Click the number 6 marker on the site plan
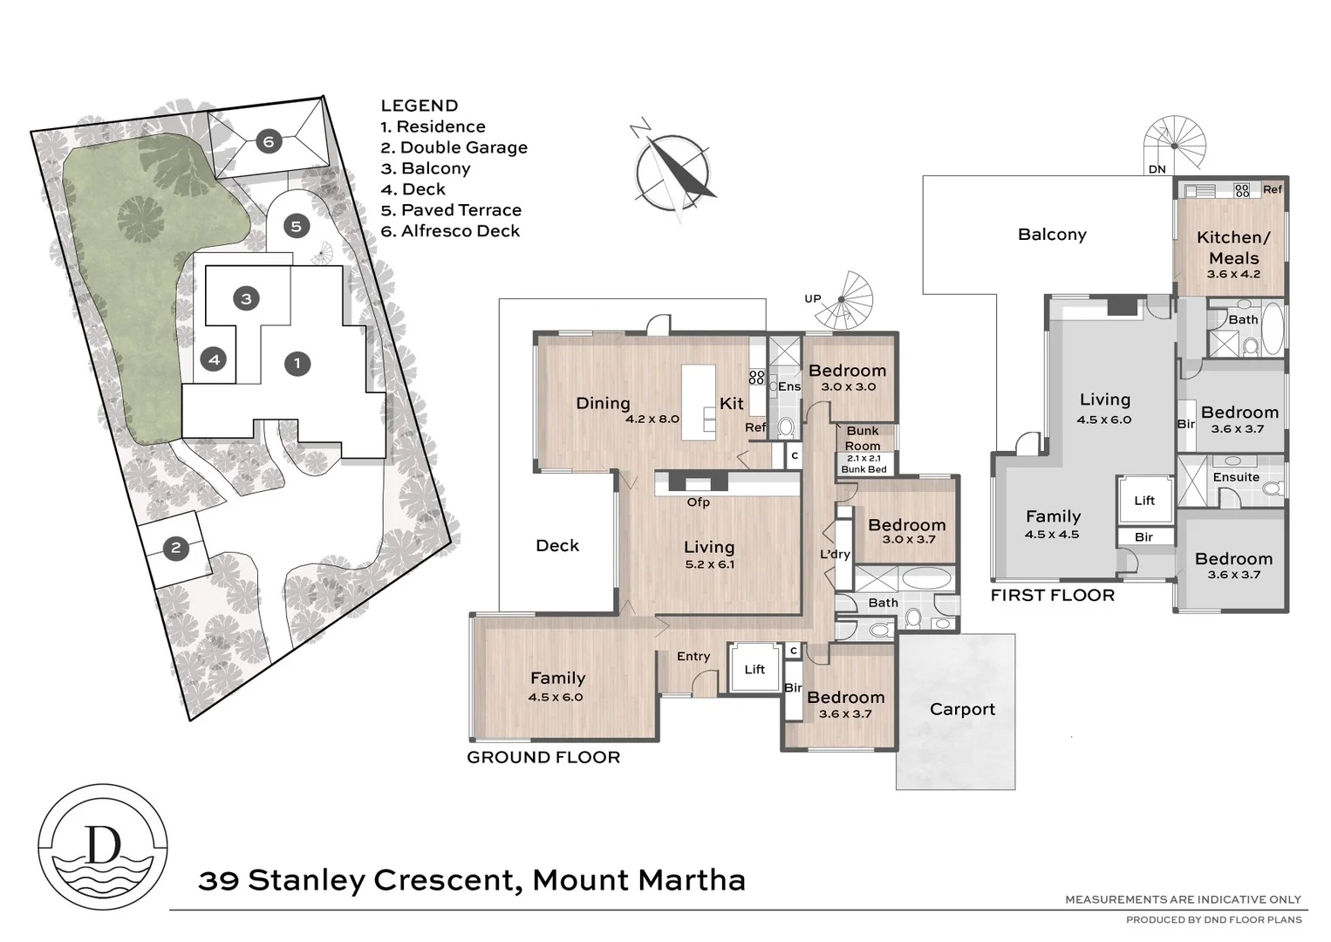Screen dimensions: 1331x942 (x=269, y=142)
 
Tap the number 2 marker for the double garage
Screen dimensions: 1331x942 (x=176, y=548)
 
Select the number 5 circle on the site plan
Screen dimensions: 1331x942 (x=297, y=227)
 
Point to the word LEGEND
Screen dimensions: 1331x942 (x=419, y=106)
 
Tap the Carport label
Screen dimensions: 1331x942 (x=962, y=709)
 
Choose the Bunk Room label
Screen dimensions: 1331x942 (x=863, y=438)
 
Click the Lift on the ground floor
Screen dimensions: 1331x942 (x=754, y=669)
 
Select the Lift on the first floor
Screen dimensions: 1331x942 (x=1144, y=500)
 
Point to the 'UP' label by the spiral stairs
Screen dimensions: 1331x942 (x=813, y=298)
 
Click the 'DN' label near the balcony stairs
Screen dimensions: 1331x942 (x=1157, y=169)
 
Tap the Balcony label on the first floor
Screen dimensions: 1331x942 (x=1052, y=235)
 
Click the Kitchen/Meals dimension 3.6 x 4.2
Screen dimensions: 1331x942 (x=1233, y=274)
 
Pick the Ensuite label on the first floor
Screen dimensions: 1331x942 (x=1236, y=477)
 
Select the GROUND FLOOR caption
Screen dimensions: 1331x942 (x=543, y=757)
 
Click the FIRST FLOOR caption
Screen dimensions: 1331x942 (x=1052, y=595)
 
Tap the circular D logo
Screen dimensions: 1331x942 (x=103, y=846)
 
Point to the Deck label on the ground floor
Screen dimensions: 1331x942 (x=557, y=545)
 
